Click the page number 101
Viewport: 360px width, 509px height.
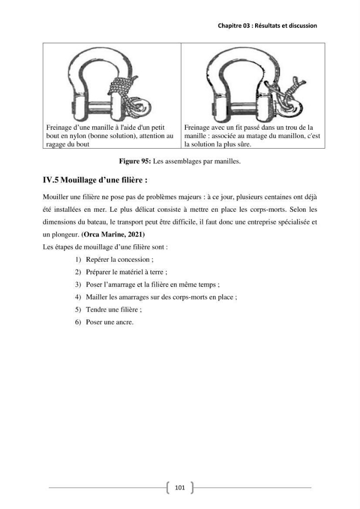pyautogui.click(x=180, y=487)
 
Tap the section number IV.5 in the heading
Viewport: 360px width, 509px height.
pyautogui.click(x=50, y=180)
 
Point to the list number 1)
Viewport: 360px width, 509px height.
pyautogui.click(x=78, y=260)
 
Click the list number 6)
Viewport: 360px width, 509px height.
pyautogui.click(x=78, y=322)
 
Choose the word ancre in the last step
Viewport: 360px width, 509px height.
pyautogui.click(x=124, y=322)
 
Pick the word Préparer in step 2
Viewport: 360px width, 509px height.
pyautogui.click(x=98, y=272)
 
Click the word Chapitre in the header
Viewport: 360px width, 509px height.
pyautogui.click(x=229, y=25)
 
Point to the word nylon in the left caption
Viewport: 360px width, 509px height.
pyautogui.click(x=76, y=136)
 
